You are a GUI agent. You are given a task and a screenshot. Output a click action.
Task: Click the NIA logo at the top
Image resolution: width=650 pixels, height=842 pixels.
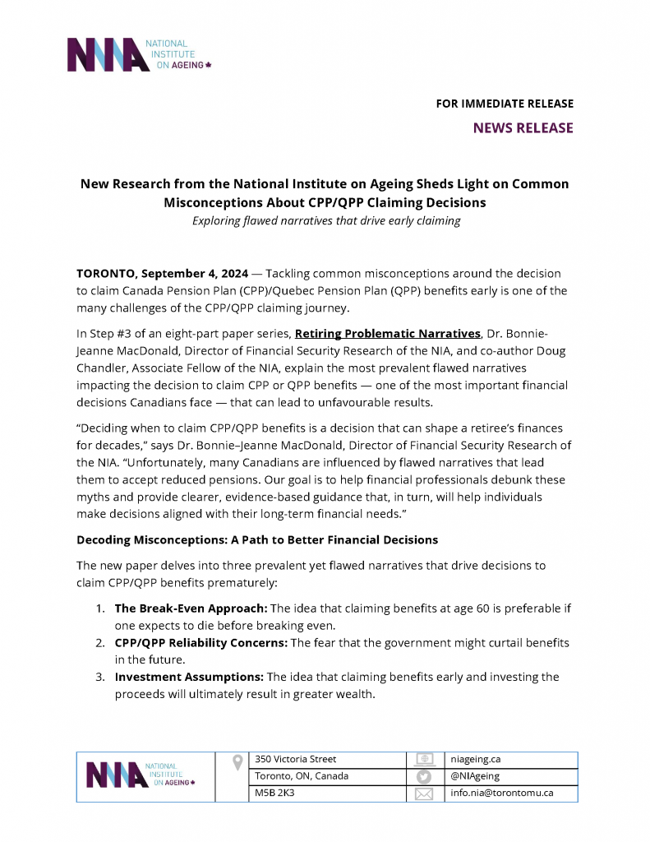pos(140,54)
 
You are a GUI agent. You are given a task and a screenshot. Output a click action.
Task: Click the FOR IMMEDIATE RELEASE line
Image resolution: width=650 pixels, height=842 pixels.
pos(505,104)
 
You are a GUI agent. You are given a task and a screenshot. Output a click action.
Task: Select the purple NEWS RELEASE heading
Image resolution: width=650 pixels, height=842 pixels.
pos(523,127)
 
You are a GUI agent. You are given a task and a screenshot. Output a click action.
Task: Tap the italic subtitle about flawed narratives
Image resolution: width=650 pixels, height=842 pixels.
pos(326,220)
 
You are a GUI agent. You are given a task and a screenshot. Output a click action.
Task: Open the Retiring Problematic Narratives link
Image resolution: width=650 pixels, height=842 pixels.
pos(387,333)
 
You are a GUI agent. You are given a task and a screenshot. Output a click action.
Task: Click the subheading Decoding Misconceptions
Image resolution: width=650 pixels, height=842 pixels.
pos(257,539)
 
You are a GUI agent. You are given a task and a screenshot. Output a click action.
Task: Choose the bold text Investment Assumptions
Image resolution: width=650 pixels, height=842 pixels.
pos(189,676)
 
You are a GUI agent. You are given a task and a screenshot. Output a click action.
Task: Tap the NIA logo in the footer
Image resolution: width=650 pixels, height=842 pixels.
pos(141,776)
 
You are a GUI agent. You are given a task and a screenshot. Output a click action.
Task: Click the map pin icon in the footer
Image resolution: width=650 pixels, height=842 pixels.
pos(237,761)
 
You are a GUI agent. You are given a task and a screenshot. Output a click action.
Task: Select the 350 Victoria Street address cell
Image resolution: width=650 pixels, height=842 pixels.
pos(296,759)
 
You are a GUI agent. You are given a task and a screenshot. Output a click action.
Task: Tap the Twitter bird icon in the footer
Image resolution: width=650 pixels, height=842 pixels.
pos(424,776)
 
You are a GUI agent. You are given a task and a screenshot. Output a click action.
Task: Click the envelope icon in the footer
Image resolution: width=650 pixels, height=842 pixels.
pos(424,793)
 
